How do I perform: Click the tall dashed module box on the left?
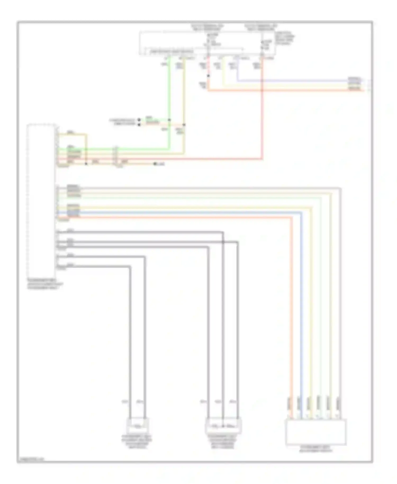click(x=42, y=200)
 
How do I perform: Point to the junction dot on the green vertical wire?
click(x=169, y=120)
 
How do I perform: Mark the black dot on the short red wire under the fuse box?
click(x=208, y=76)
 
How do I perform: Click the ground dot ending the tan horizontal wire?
click(x=155, y=164)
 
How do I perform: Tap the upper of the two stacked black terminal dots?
click(x=139, y=120)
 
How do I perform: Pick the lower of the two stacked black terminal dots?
click(x=139, y=124)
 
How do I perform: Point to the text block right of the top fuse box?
click(x=285, y=39)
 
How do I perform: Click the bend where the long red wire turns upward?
click(x=262, y=159)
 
